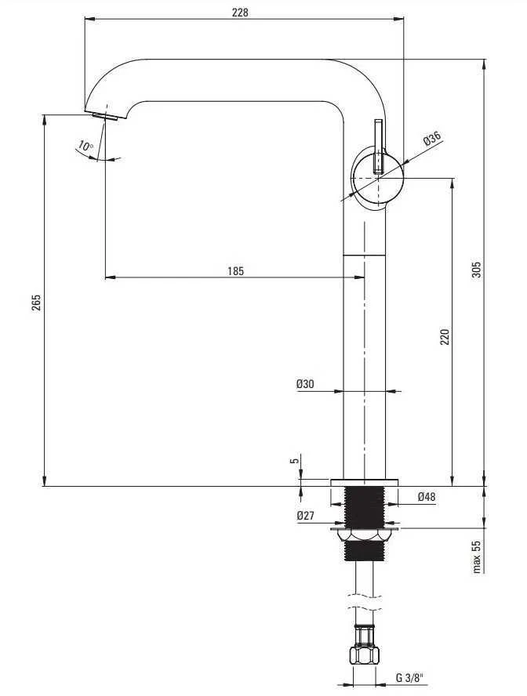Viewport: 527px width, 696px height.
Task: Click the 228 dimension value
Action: [x=240, y=12]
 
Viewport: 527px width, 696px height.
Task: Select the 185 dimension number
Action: [x=236, y=270]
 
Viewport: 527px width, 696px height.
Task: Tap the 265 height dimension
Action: [x=36, y=302]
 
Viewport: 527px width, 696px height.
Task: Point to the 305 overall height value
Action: [x=475, y=270]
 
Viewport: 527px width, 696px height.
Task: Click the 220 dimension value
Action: [x=445, y=337]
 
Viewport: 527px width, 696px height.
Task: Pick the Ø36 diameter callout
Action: [x=432, y=139]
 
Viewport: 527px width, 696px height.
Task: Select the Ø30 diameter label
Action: [x=305, y=384]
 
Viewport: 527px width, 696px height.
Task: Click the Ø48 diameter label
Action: [x=426, y=497]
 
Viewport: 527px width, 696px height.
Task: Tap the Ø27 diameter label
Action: [x=305, y=516]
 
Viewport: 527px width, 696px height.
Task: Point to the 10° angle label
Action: [x=85, y=146]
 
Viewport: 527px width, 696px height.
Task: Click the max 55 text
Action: [x=476, y=556]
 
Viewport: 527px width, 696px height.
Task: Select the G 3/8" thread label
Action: [x=409, y=678]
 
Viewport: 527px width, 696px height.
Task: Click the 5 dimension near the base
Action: [x=294, y=461]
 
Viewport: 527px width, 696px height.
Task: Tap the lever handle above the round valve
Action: [x=379, y=146]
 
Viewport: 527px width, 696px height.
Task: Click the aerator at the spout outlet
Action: [x=105, y=117]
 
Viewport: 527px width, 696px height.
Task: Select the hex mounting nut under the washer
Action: [x=364, y=536]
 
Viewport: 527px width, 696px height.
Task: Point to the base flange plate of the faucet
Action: [x=364, y=483]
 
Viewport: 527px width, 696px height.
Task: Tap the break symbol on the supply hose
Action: [x=364, y=601]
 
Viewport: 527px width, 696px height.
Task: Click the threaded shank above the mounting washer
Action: [x=364, y=507]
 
